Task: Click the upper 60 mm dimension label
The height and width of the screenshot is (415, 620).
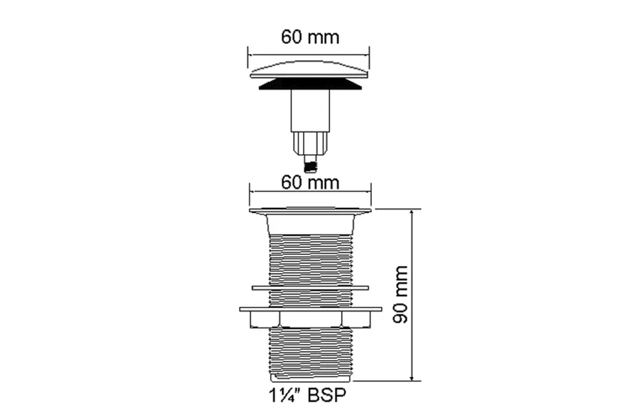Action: [310, 37]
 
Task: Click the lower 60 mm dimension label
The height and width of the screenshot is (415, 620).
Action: [310, 183]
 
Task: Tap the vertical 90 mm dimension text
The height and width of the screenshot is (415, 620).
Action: [400, 294]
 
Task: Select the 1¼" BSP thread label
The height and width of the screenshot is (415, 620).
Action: [307, 395]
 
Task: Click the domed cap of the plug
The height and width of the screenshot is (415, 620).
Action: [309, 70]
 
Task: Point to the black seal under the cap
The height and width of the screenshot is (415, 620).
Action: [310, 84]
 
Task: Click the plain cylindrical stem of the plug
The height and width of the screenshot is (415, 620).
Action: [311, 110]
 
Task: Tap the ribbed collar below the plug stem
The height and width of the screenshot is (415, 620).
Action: [311, 143]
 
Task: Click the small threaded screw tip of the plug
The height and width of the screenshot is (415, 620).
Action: [311, 164]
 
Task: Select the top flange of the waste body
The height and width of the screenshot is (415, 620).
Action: [311, 210]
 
